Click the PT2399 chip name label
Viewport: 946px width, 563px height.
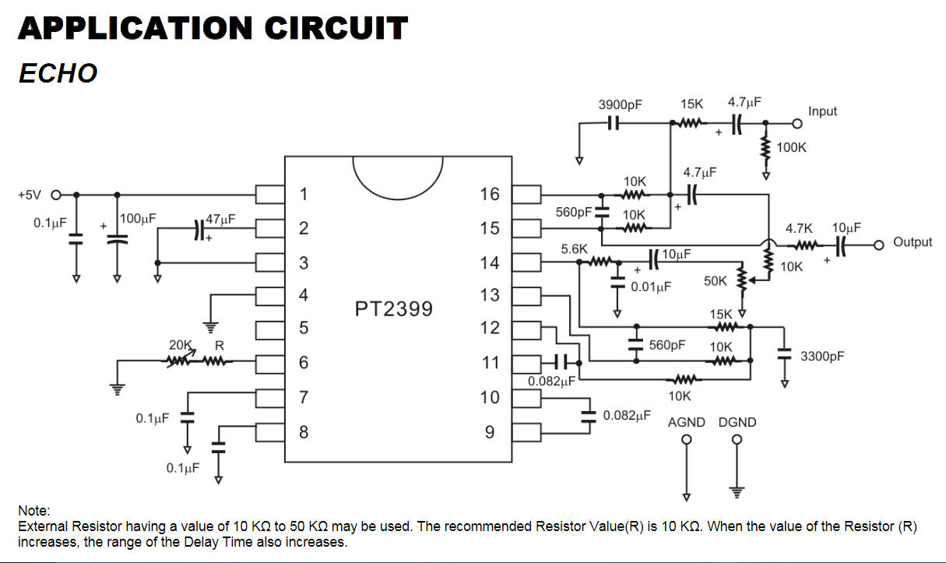coord(393,309)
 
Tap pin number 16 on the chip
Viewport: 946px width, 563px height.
coord(490,194)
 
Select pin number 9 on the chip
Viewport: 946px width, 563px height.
coord(490,431)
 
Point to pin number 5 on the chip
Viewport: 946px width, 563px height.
coord(304,328)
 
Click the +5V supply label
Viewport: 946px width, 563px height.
coord(31,195)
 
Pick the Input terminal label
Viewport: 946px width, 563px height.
coord(822,111)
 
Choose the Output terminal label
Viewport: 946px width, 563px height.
coord(913,242)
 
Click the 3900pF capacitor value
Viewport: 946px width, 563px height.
coord(620,105)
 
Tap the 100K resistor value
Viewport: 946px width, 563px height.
coord(792,147)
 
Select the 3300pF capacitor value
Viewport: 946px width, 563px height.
coord(822,357)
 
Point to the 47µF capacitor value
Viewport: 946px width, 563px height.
coord(220,220)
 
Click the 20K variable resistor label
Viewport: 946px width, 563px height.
coord(181,344)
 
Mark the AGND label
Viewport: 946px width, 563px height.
coord(686,422)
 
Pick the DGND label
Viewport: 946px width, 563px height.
coord(737,422)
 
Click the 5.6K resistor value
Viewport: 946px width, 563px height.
coord(574,248)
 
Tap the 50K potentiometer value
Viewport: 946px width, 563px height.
coord(715,281)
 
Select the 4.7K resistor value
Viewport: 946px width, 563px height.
coord(799,229)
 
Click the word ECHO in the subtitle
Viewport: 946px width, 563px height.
coord(58,73)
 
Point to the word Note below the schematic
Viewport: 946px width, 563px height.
coord(33,511)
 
